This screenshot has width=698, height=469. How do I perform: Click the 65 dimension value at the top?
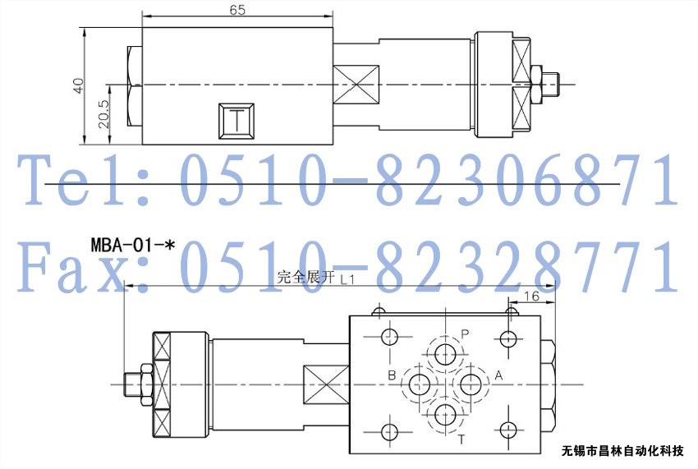pyautogui.click(x=237, y=9)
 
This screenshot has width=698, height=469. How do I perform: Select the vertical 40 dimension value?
pyautogui.click(x=78, y=85)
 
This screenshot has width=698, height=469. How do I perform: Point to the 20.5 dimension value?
pyautogui.click(x=103, y=114)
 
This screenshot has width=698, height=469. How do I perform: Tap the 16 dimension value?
pyautogui.click(x=531, y=296)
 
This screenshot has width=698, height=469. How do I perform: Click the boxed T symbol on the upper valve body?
pyautogui.click(x=236, y=121)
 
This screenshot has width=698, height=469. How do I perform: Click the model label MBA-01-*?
pyautogui.click(x=132, y=245)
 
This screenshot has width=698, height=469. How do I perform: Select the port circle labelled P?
pyautogui.click(x=445, y=355)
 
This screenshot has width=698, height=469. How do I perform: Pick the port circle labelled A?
pyautogui.click(x=471, y=384)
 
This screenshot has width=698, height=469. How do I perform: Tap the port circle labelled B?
pyautogui.click(x=420, y=384)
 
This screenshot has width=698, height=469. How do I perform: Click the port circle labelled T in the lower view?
pyautogui.click(x=445, y=415)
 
